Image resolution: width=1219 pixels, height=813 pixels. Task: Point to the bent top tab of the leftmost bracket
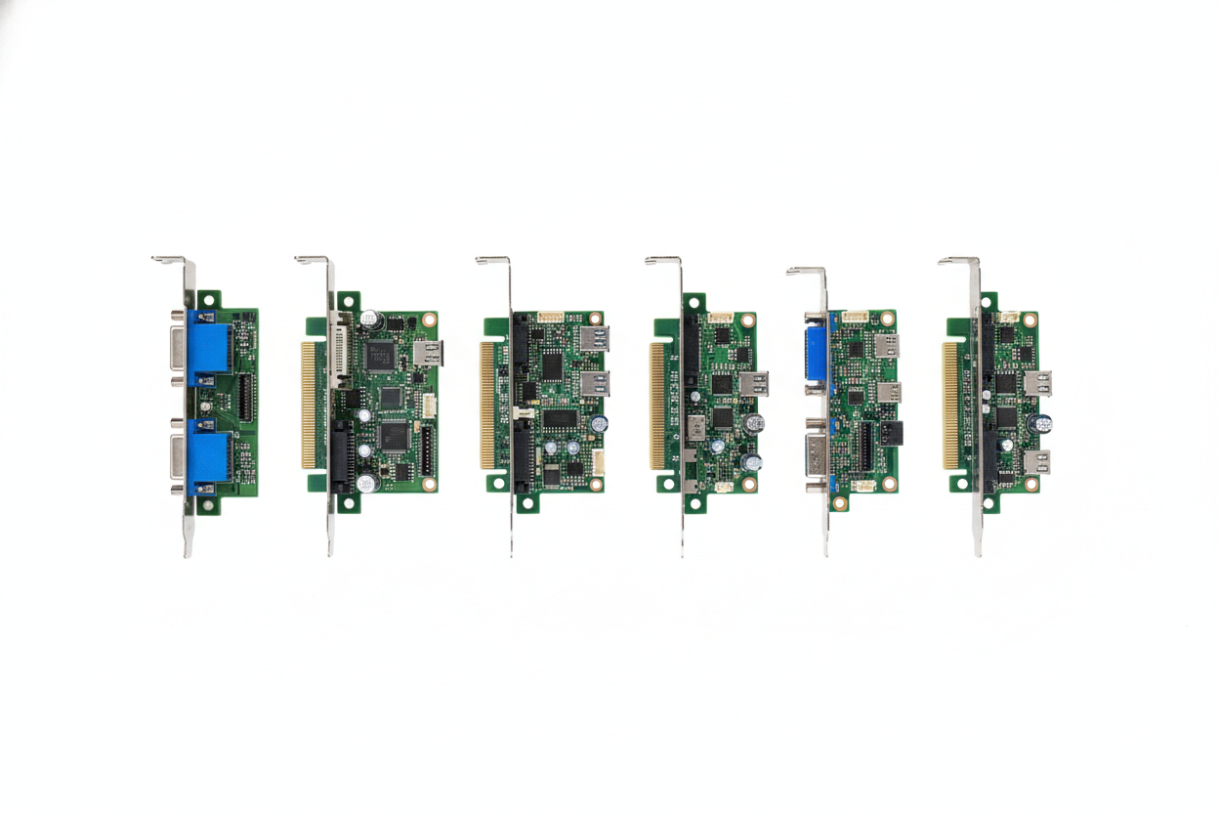[170, 260]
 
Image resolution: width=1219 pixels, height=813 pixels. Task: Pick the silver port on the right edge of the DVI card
[428, 353]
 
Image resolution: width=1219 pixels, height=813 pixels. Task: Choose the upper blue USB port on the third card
[594, 338]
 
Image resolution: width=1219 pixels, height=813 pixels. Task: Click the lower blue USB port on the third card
[594, 382]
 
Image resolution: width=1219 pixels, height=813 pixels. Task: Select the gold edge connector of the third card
[486, 404]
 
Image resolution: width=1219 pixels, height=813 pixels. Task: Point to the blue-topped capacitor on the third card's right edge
[600, 424]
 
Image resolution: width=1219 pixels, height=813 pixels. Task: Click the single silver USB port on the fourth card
[754, 383]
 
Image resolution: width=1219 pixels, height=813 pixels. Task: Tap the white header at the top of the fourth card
[721, 318]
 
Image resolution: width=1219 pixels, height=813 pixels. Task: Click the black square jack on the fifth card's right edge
[891, 433]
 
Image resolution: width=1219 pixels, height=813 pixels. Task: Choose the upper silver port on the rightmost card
[1037, 382]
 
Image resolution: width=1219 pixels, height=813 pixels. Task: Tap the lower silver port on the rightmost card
[1037, 461]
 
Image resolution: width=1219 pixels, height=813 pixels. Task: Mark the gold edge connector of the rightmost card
[949, 405]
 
